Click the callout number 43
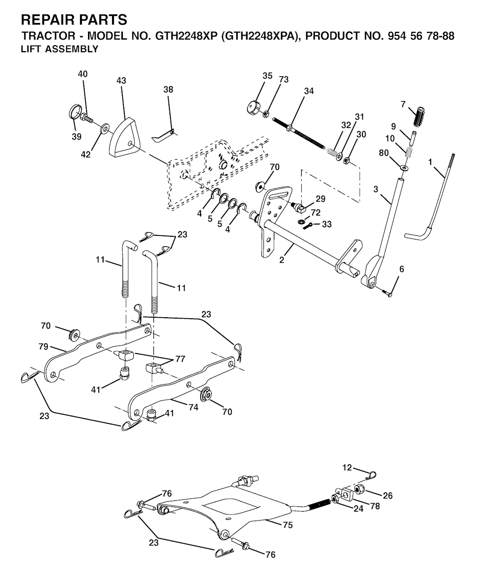121,80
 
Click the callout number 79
43,346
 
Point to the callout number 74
193,407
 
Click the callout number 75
288,525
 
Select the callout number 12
347,467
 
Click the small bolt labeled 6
387,293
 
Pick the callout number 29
321,199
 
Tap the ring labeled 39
75,112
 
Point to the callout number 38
169,89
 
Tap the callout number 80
384,153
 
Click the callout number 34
309,91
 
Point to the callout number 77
180,359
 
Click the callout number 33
327,224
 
